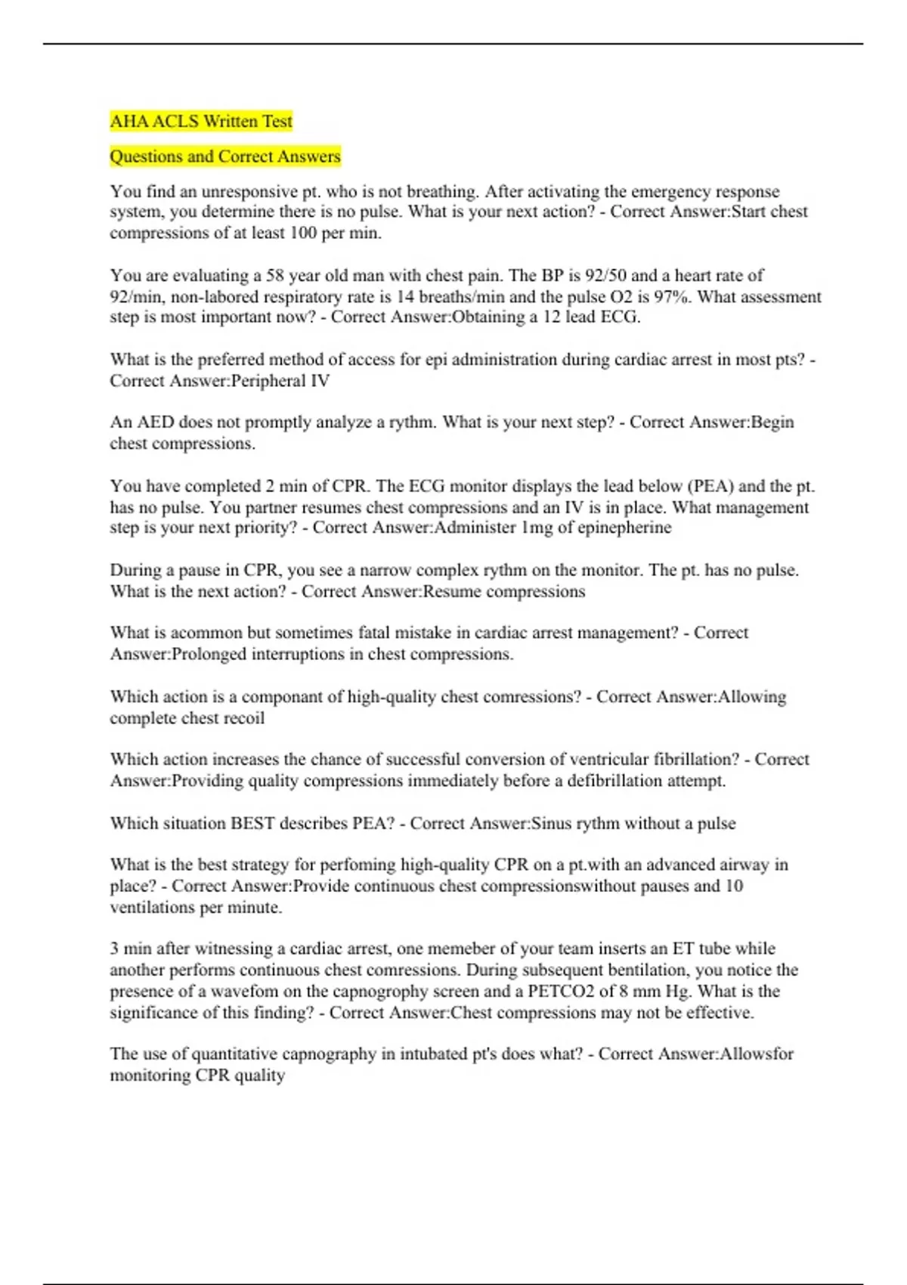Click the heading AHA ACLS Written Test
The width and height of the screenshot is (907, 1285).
[201, 121]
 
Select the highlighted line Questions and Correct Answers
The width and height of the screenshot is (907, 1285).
[225, 156]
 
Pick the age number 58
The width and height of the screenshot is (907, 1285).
[274, 275]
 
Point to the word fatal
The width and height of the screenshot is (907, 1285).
[378, 633]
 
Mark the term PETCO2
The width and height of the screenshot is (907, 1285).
[561, 991]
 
